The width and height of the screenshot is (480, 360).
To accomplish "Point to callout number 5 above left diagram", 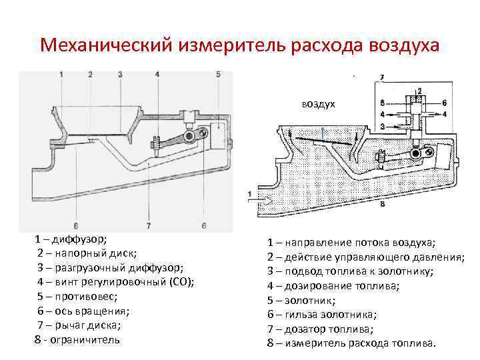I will (x=218, y=74).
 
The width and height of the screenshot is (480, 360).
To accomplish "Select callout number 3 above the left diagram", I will (x=120, y=74).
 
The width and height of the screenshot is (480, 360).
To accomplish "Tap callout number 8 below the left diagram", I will (x=76, y=225).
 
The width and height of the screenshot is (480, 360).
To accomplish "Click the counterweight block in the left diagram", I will (x=217, y=137).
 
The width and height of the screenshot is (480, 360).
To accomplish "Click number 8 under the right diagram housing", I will (x=381, y=205).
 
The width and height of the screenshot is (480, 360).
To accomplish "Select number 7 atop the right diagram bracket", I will (x=381, y=78).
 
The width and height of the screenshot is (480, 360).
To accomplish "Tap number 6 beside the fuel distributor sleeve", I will (x=444, y=103).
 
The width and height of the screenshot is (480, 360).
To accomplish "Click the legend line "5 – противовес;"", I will (x=77, y=295).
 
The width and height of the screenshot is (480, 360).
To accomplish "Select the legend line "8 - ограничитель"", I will (x=77, y=339).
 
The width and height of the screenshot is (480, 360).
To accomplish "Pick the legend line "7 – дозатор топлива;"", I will (x=321, y=329).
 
